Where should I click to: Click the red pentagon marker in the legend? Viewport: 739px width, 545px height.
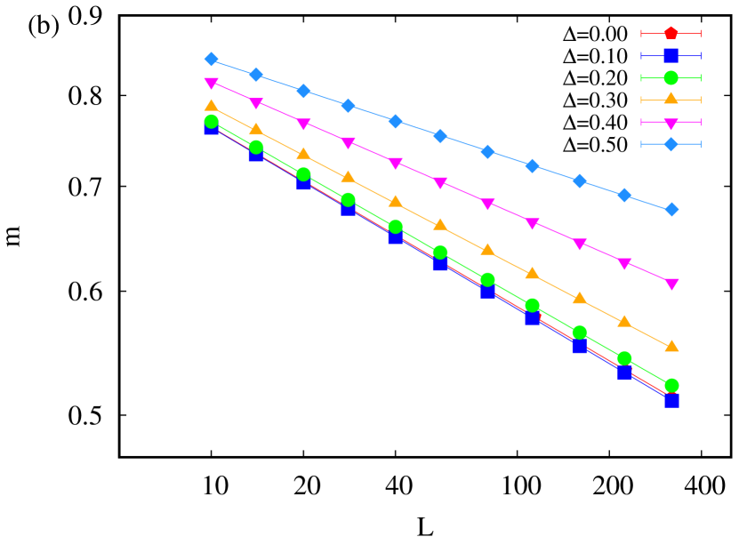pos(671,34)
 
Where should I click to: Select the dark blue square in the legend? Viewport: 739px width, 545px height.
pos(671,55)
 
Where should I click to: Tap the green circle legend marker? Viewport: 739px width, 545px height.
pos(671,77)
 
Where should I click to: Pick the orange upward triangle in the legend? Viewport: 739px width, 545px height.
pos(671,99)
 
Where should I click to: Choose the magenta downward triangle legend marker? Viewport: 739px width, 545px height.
pos(671,123)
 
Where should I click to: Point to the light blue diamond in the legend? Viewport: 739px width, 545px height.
pos(671,144)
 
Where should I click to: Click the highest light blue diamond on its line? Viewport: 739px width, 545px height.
pos(211,60)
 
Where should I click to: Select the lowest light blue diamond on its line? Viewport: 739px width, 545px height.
pos(671,209)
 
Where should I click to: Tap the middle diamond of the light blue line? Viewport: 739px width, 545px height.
pos(439,135)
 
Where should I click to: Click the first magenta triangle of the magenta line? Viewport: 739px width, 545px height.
pos(211,84)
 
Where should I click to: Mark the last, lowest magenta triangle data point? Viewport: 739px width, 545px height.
pos(671,285)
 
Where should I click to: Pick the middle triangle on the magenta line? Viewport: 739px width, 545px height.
pos(439,182)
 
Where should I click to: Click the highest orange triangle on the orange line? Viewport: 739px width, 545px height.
pos(211,105)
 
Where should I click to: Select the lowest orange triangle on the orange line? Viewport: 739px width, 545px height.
pos(671,346)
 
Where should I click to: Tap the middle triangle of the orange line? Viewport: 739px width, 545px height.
pos(439,224)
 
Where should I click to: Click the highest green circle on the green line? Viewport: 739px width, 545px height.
pos(211,121)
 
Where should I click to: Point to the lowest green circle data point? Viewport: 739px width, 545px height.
pos(671,385)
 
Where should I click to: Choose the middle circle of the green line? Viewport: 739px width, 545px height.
pos(439,252)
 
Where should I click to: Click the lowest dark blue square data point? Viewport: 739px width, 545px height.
pos(671,401)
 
